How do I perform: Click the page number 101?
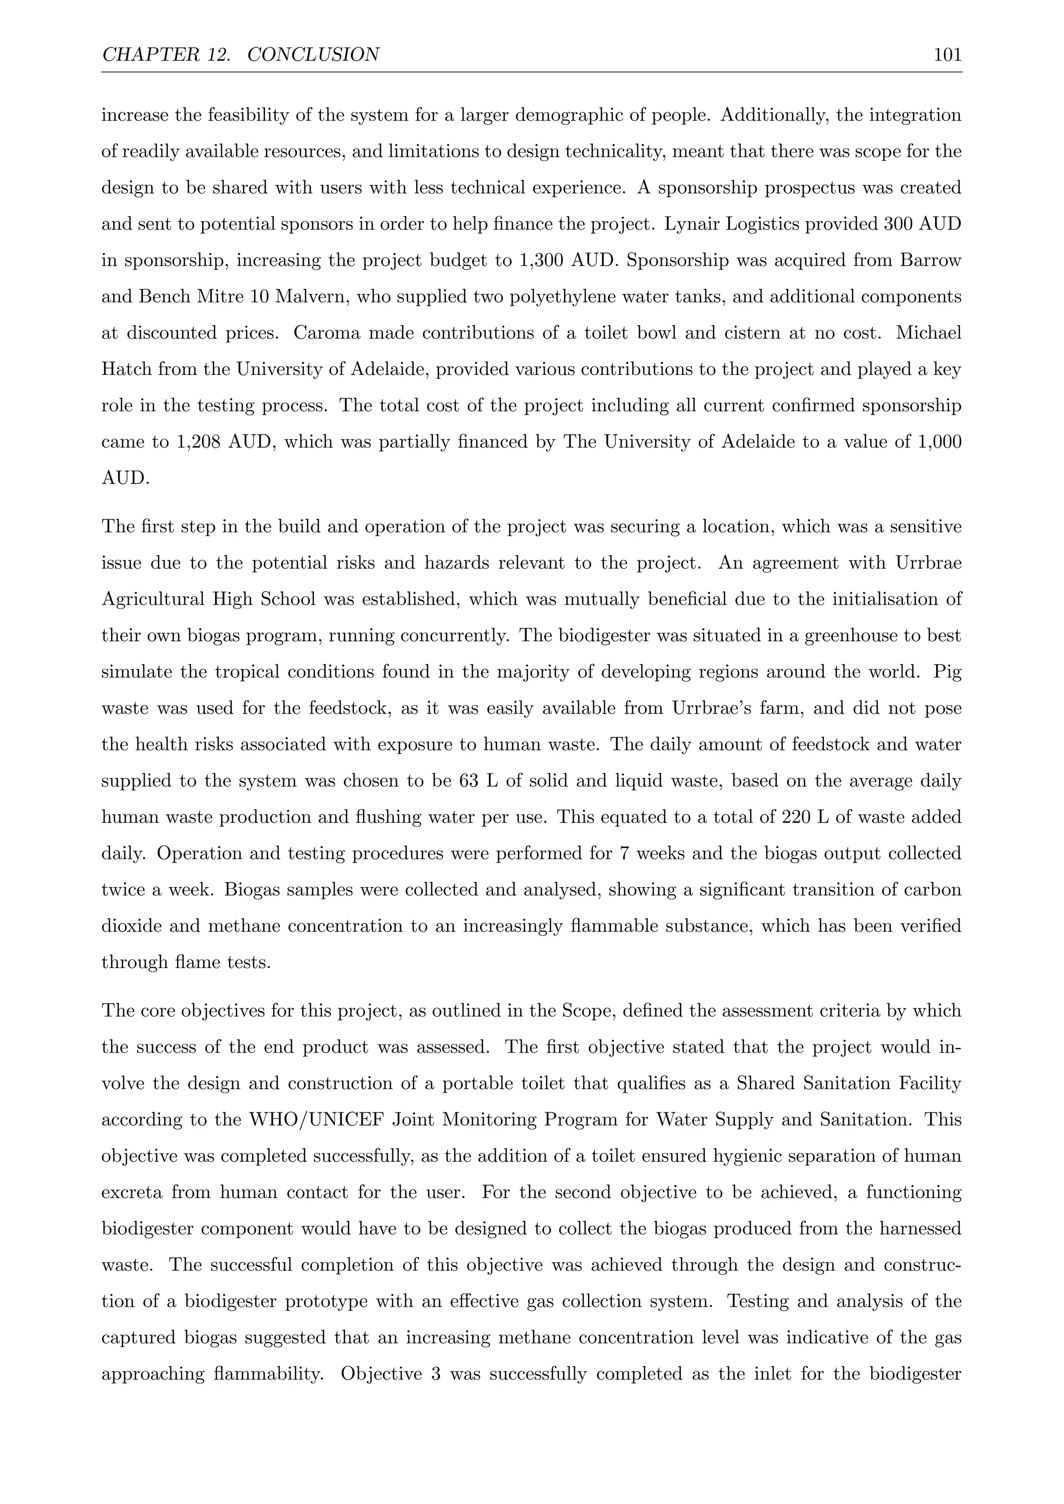[x=948, y=55]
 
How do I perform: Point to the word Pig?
[x=948, y=672]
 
